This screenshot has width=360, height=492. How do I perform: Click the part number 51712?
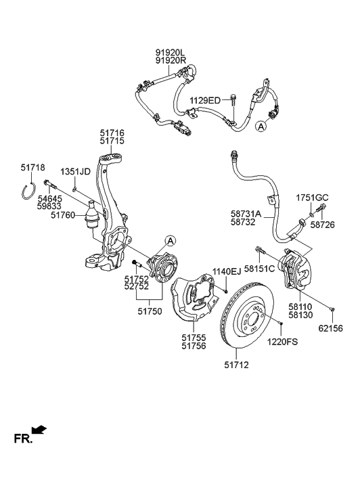coord(236,365)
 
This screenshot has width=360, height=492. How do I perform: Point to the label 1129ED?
coord(205,100)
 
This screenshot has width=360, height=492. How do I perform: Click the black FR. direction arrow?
coord(39,430)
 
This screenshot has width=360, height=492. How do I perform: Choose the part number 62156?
coord(330,328)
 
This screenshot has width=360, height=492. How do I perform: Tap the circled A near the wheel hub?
coord(170,241)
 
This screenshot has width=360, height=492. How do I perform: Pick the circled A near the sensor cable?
coord(261,127)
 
